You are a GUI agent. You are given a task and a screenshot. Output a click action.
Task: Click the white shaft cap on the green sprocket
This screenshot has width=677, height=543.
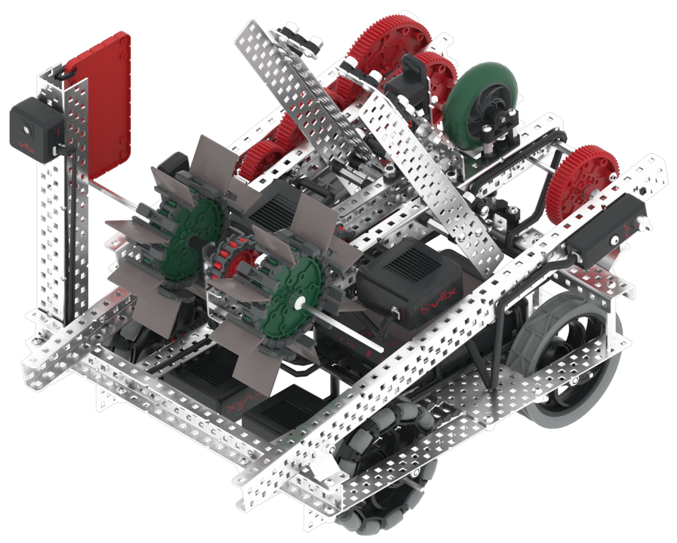tap(298, 303)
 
